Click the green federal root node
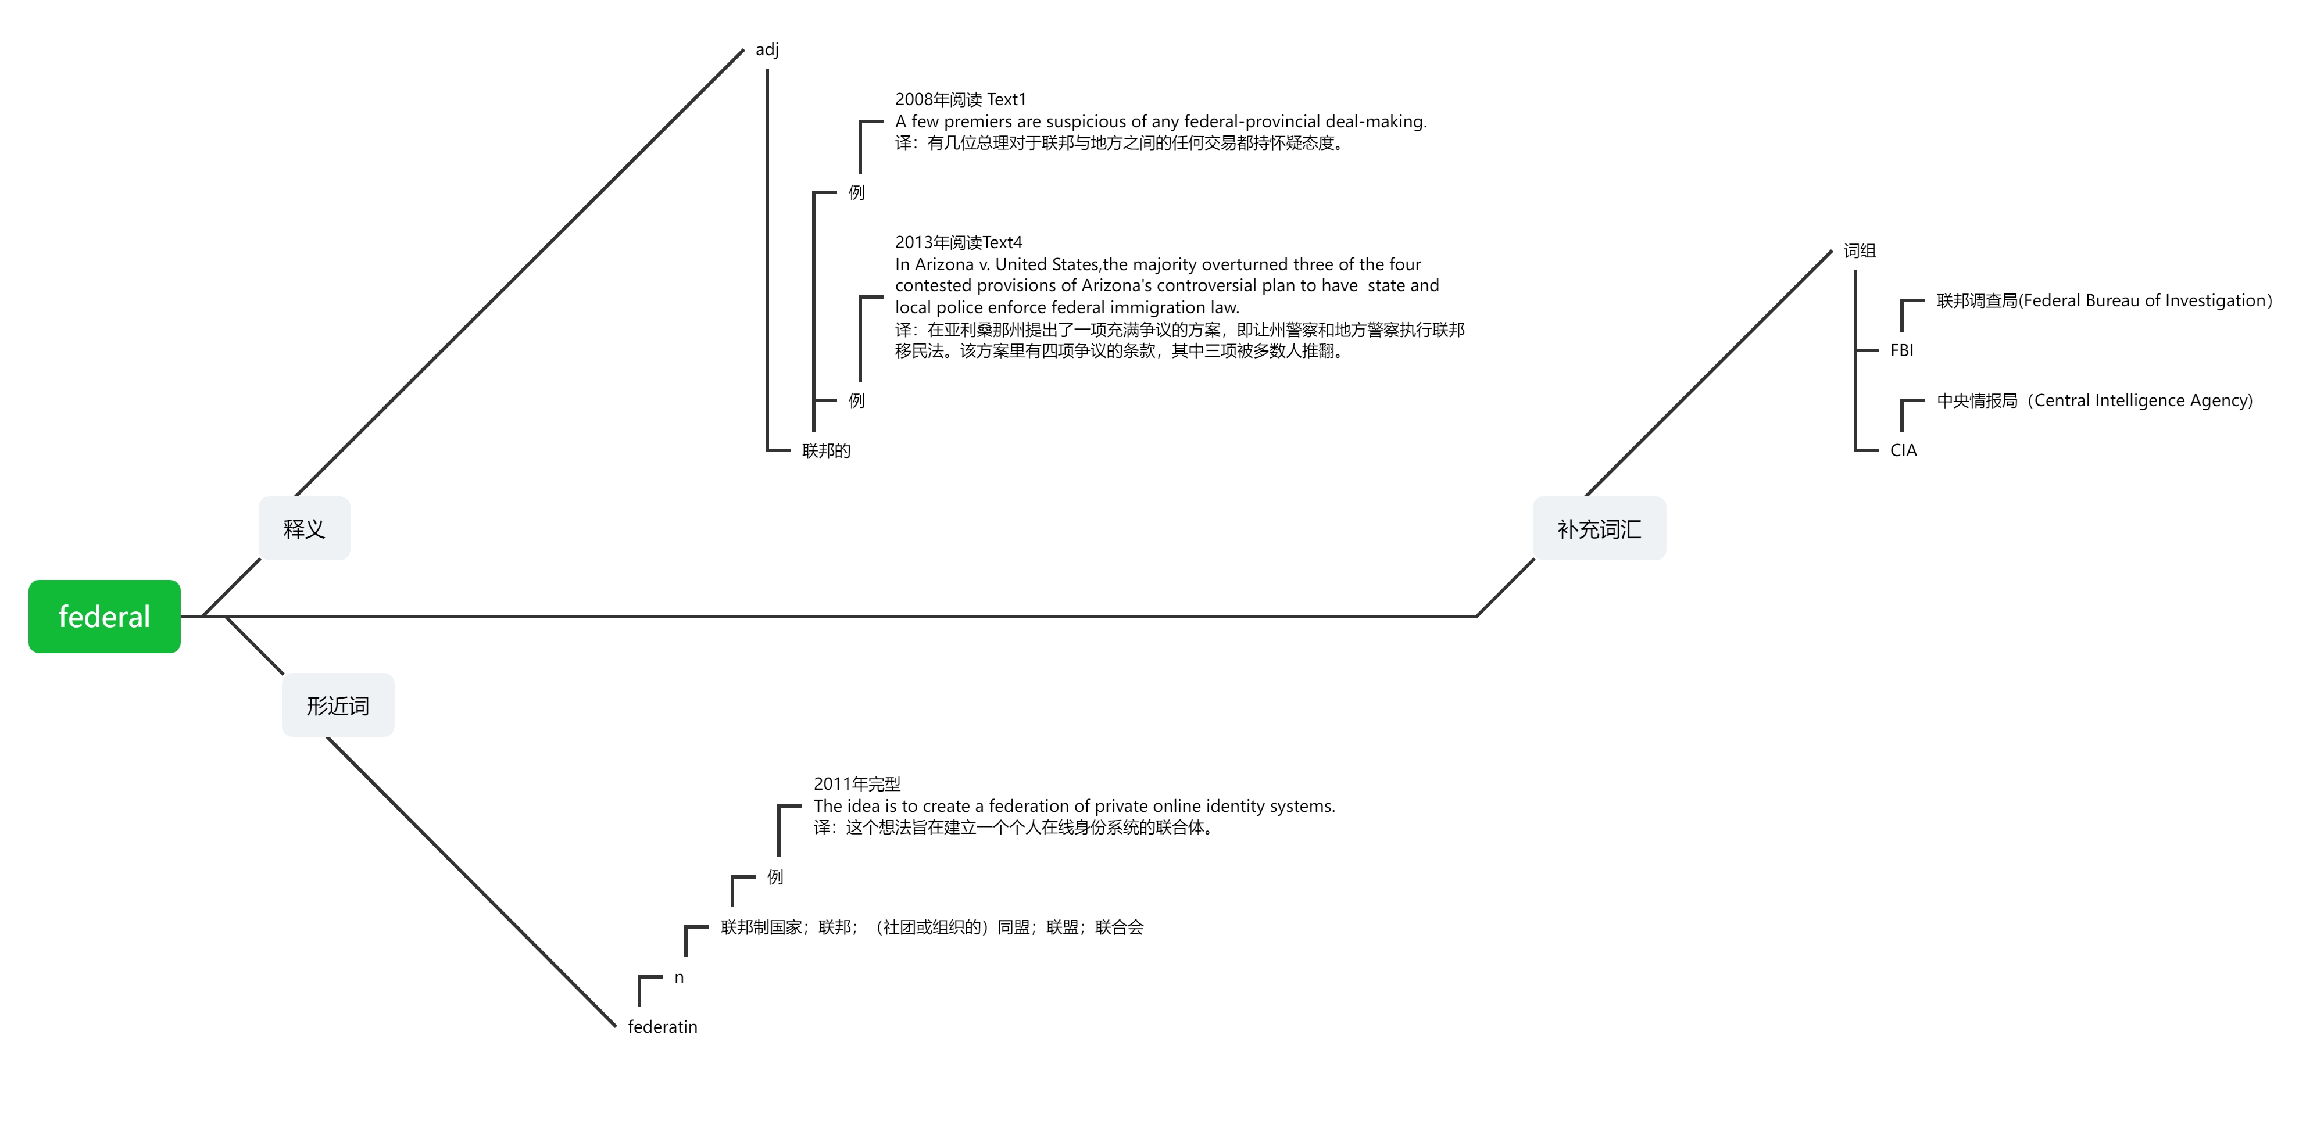105,617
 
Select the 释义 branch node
304,528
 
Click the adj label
767,49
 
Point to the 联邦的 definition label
827,450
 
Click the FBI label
1902,350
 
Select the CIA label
1904,450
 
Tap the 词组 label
1860,250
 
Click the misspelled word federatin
662,1026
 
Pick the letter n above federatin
680,977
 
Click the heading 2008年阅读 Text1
960,99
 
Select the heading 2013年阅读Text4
958,242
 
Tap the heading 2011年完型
857,783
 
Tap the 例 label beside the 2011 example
775,876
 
